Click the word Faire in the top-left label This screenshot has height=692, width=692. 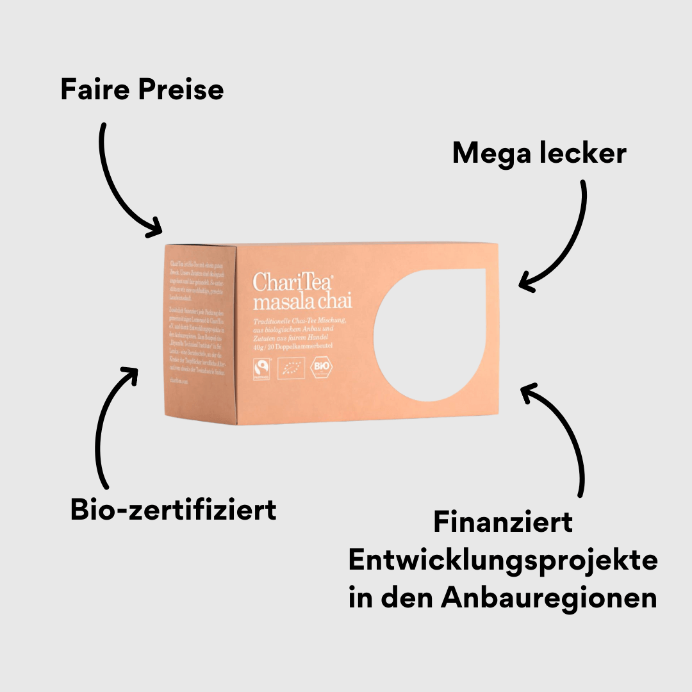tap(95, 90)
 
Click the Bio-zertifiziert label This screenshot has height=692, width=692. tap(174, 509)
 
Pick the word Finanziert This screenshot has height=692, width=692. tap(503, 522)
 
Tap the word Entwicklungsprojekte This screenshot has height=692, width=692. tap(503, 560)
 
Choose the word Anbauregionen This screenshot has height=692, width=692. tap(548, 598)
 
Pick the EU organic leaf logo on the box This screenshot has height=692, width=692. tap(292, 369)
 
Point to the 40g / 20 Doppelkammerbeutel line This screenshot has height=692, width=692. tap(293, 346)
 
